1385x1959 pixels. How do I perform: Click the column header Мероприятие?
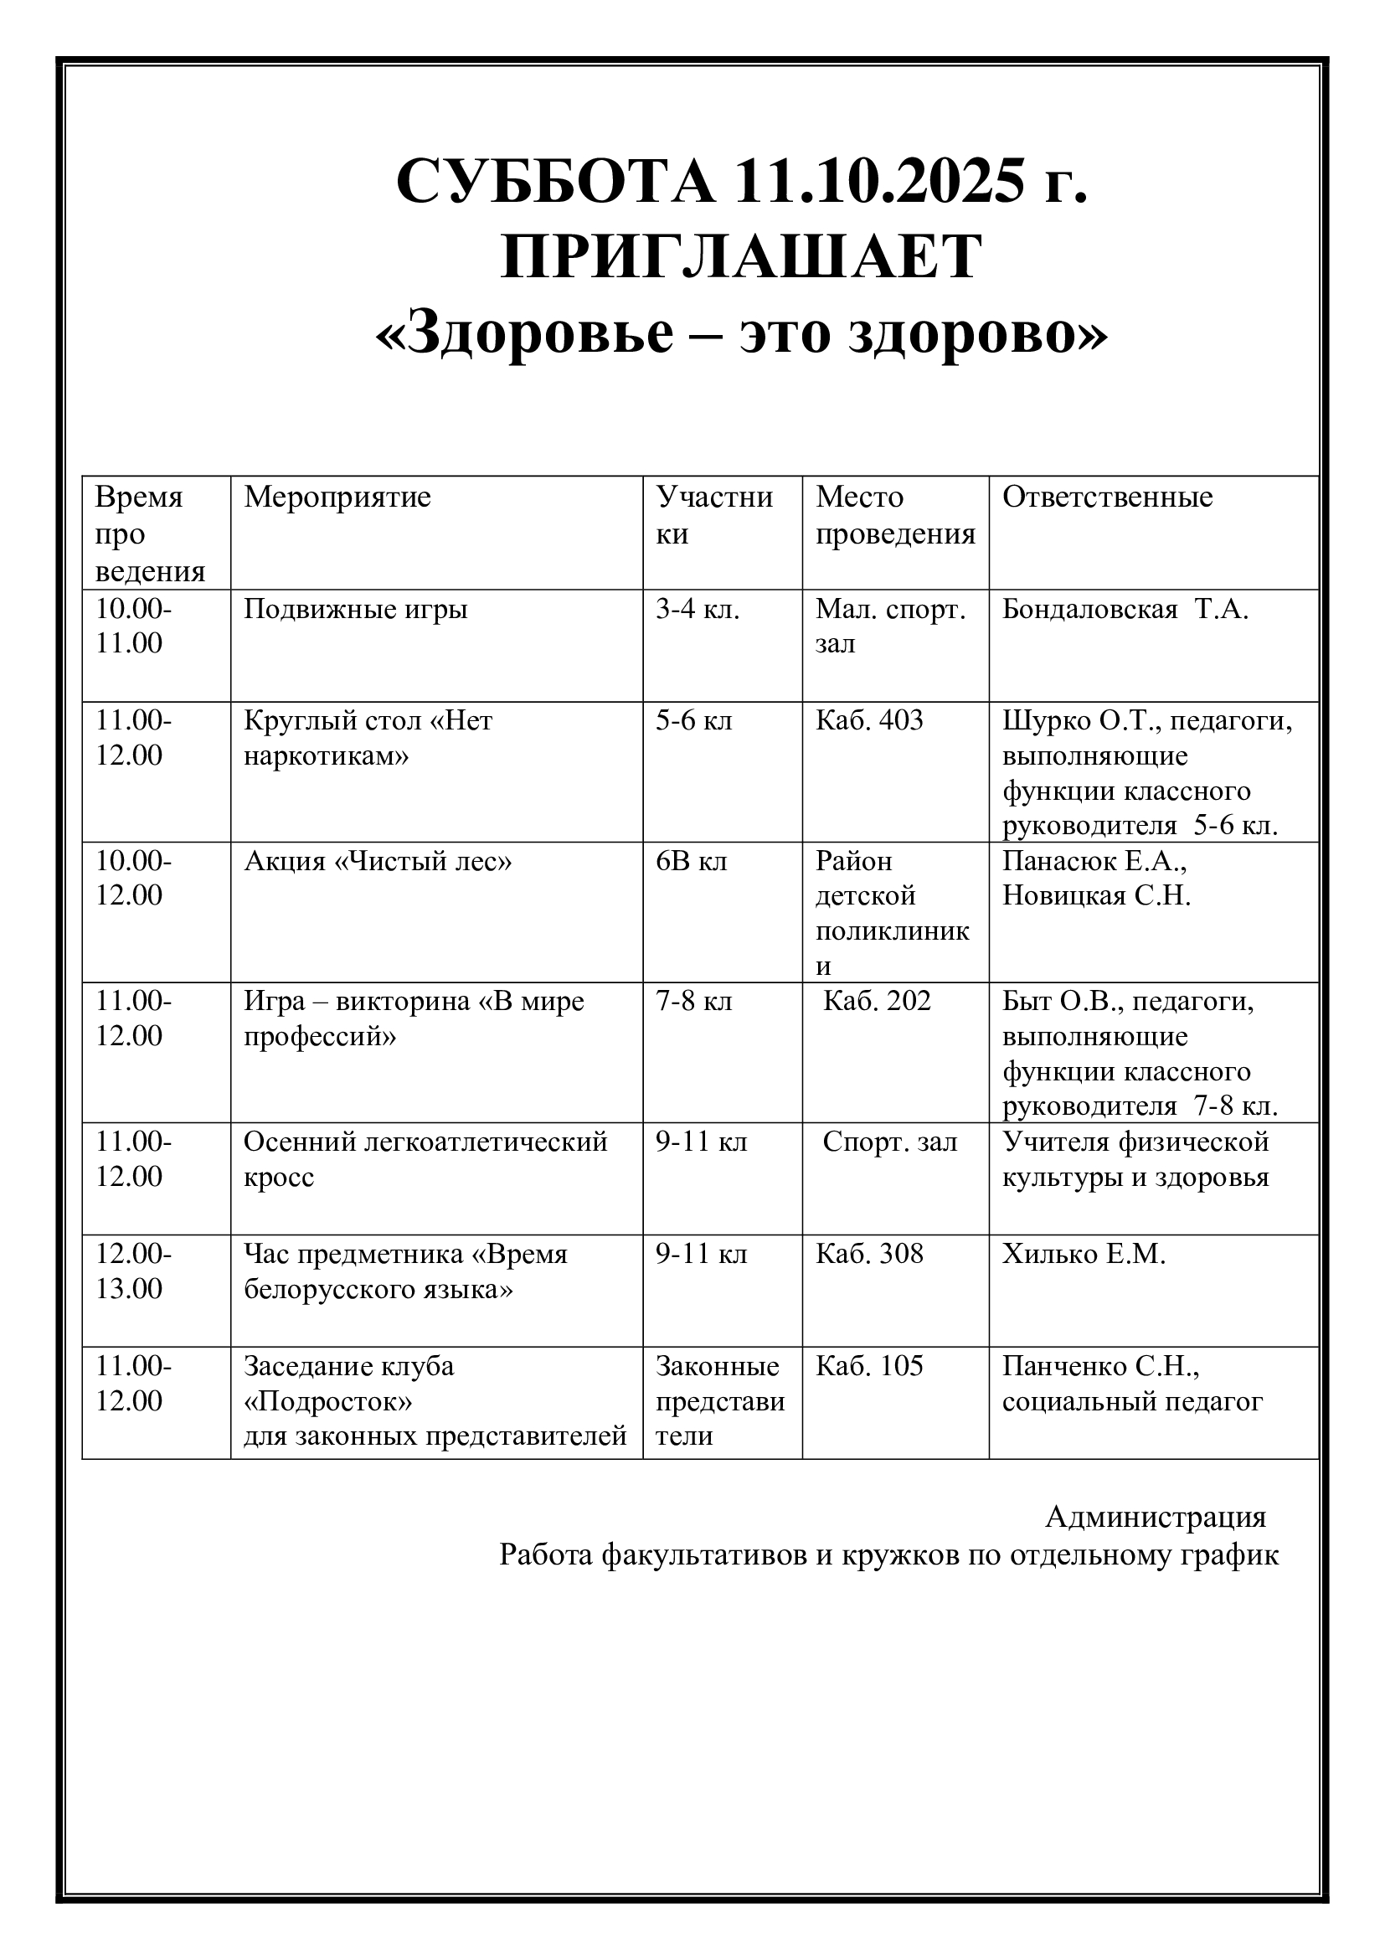337,497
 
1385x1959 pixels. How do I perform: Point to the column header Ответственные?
1107,497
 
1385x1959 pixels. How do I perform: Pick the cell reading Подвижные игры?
356,609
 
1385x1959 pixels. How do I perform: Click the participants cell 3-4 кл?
697,609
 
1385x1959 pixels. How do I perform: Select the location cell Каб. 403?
869,721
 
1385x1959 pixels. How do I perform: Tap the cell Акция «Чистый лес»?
378,861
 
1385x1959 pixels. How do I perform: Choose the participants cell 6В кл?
691,861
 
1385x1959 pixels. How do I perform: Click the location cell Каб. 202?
877,1001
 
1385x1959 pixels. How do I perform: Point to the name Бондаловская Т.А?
1125,609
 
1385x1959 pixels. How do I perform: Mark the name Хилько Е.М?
1083,1255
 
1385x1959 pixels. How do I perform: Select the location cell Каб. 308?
869,1255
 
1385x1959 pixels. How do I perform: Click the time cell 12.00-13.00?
133,1271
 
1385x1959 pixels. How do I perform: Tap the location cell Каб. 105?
869,1366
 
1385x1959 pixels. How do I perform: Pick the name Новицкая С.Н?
1096,896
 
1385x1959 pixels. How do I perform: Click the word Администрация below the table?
1156,1517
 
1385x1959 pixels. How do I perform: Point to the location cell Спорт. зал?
889,1142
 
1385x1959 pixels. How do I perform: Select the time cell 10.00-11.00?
133,626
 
